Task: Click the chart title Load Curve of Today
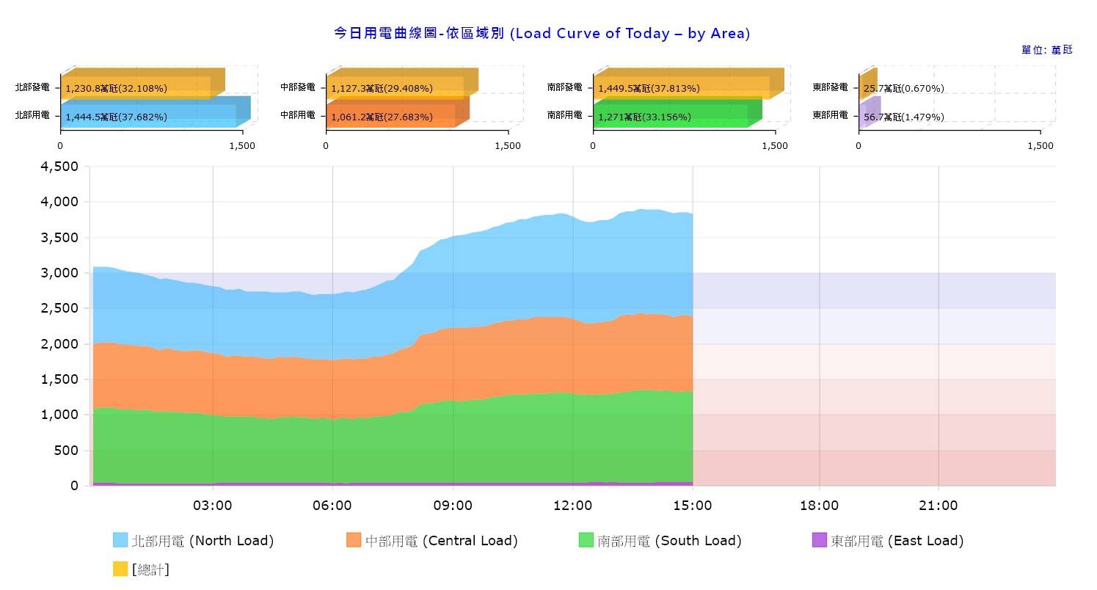point(542,33)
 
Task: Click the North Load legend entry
point(194,541)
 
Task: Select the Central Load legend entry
point(432,541)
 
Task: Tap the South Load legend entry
point(660,541)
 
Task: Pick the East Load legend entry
point(888,541)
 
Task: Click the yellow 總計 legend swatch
point(120,569)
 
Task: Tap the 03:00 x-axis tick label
point(213,506)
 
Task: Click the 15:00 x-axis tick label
point(693,506)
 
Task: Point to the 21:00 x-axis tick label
point(939,506)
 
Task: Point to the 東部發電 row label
point(830,87)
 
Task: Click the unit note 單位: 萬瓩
point(1046,50)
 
